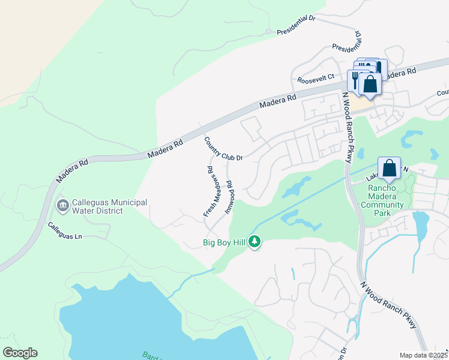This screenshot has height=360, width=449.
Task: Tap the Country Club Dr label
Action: [x=223, y=149]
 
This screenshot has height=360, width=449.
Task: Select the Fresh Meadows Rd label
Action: [x=209, y=191]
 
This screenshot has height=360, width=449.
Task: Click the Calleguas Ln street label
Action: [x=65, y=231]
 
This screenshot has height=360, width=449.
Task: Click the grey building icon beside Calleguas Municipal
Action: [x=62, y=206]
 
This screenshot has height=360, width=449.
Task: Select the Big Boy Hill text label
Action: [x=224, y=243]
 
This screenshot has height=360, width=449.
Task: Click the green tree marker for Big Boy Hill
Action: [x=255, y=241]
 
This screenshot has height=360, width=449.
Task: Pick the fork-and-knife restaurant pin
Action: [x=356, y=80]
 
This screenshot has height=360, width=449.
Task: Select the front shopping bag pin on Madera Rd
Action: [x=370, y=85]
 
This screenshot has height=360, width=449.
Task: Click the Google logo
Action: [x=20, y=353]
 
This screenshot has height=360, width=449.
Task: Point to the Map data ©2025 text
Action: [x=423, y=355]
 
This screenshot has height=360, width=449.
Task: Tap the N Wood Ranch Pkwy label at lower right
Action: [x=388, y=306]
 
